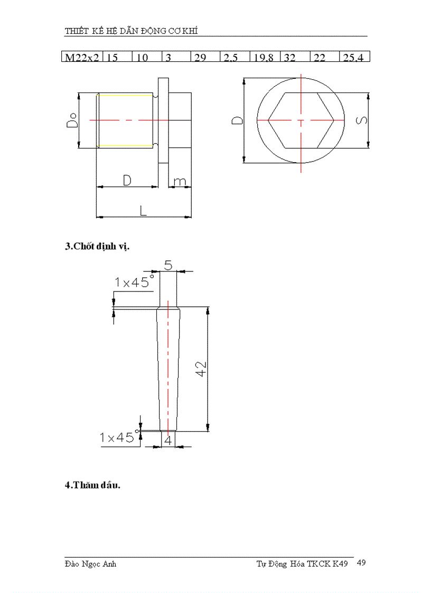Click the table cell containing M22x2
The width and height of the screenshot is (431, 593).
click(x=82, y=57)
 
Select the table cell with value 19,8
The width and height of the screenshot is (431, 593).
click(x=264, y=57)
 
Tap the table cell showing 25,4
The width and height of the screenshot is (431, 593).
click(x=353, y=57)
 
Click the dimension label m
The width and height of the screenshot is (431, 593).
click(x=180, y=181)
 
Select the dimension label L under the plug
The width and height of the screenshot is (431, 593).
click(x=143, y=211)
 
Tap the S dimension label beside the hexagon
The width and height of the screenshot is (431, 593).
click(x=361, y=120)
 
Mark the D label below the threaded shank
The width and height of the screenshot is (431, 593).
click(x=127, y=181)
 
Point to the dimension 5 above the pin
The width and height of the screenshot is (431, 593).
click(x=168, y=265)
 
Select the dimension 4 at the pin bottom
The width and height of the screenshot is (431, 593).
click(x=168, y=440)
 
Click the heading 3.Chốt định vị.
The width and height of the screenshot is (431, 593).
click(x=97, y=246)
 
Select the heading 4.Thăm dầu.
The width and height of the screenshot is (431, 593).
click(x=92, y=485)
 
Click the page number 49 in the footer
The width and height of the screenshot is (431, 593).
click(x=361, y=563)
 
